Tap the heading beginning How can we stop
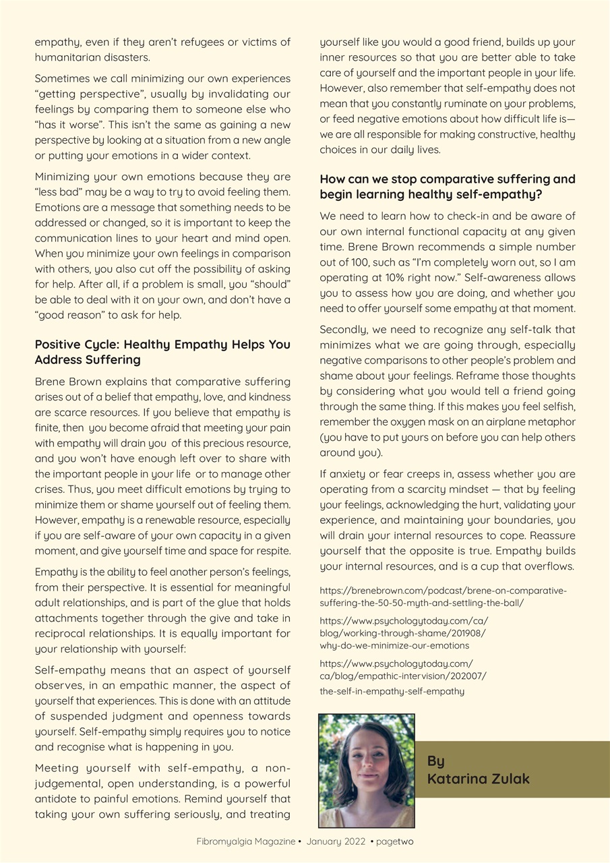click(x=448, y=187)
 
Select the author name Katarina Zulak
click(x=478, y=779)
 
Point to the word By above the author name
click(x=435, y=761)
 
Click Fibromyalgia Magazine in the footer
click(x=245, y=842)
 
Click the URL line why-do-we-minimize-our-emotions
click(x=394, y=645)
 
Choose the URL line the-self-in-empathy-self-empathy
click(x=392, y=690)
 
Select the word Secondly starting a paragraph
click(x=343, y=330)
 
